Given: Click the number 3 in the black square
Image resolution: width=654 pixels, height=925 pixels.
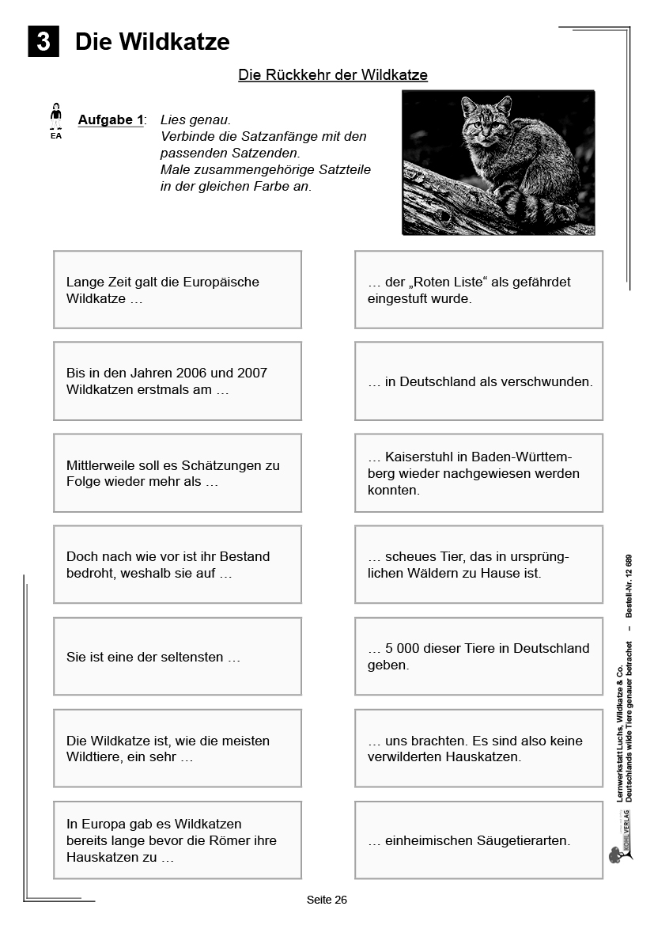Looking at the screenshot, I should (x=43, y=42).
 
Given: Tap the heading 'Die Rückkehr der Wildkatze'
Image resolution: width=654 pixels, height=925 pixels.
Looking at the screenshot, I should (x=333, y=75).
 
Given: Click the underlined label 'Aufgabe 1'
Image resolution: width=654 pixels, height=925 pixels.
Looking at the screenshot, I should (x=111, y=120).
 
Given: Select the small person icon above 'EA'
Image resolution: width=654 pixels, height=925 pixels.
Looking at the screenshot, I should (x=55, y=116).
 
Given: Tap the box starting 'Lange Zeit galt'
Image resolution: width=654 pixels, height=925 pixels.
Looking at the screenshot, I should (x=177, y=290).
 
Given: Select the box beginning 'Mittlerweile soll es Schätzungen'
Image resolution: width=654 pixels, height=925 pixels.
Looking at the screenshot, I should (x=177, y=473).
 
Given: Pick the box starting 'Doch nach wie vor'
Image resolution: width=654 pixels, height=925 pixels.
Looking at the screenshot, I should (x=177, y=565).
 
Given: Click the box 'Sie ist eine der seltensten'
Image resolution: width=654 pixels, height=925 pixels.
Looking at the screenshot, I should (x=177, y=657).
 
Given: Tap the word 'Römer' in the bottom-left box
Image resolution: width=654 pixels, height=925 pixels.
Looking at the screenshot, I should (x=224, y=840).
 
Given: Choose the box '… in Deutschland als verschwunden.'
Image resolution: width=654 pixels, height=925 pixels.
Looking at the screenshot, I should (x=478, y=381).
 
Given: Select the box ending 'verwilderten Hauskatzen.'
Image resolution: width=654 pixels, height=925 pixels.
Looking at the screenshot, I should (x=478, y=749).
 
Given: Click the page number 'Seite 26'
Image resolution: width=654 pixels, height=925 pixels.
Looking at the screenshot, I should (x=327, y=900).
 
